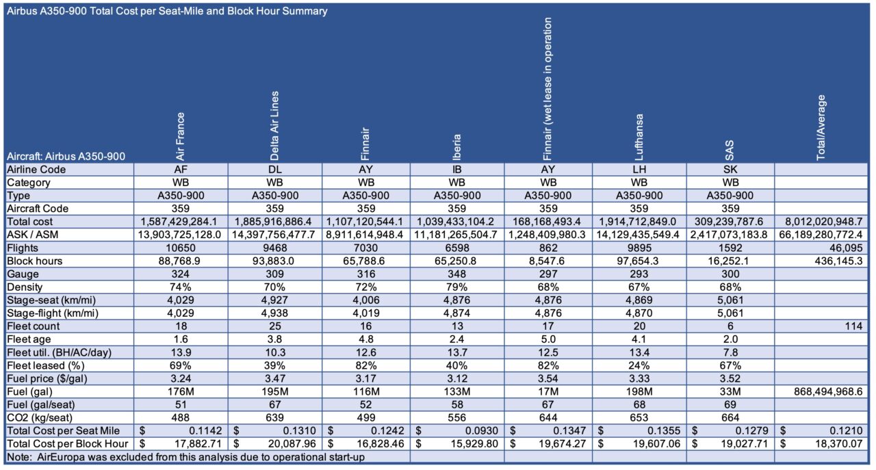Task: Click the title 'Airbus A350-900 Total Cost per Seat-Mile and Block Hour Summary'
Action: [165, 11]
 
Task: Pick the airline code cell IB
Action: [456, 170]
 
